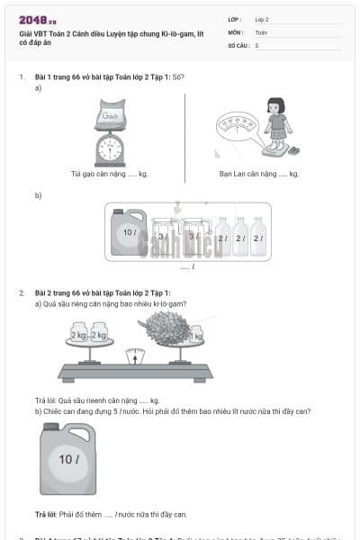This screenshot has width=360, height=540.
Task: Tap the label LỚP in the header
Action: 235,19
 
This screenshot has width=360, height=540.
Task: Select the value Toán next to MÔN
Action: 261,31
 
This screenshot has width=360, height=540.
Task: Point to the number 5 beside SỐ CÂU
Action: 256,44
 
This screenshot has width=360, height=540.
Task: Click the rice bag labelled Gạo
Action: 111,116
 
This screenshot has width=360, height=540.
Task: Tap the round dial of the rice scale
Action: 110,151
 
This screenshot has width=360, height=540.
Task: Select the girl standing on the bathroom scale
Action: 275,124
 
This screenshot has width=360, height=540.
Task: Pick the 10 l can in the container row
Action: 128,232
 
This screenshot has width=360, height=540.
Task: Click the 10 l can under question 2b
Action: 67,458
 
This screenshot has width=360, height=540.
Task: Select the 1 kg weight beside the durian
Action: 196,336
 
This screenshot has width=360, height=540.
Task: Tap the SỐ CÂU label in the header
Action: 238,44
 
